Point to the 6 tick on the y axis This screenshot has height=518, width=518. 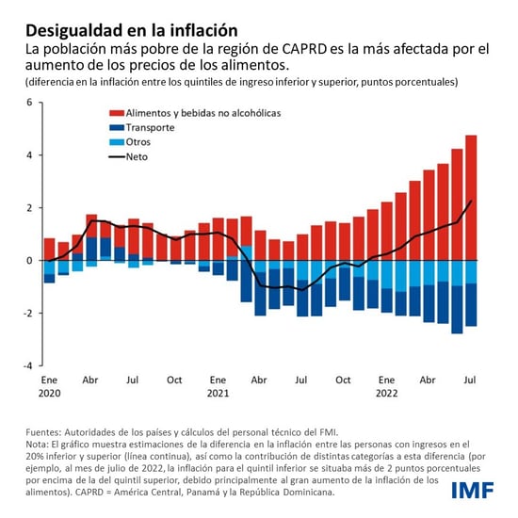(28, 102)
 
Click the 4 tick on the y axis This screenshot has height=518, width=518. (28, 154)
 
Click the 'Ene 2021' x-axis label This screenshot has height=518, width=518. (218, 387)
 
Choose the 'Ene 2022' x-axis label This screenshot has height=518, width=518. (386, 387)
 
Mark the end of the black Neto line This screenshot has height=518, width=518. (472, 201)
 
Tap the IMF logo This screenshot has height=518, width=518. (477, 489)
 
